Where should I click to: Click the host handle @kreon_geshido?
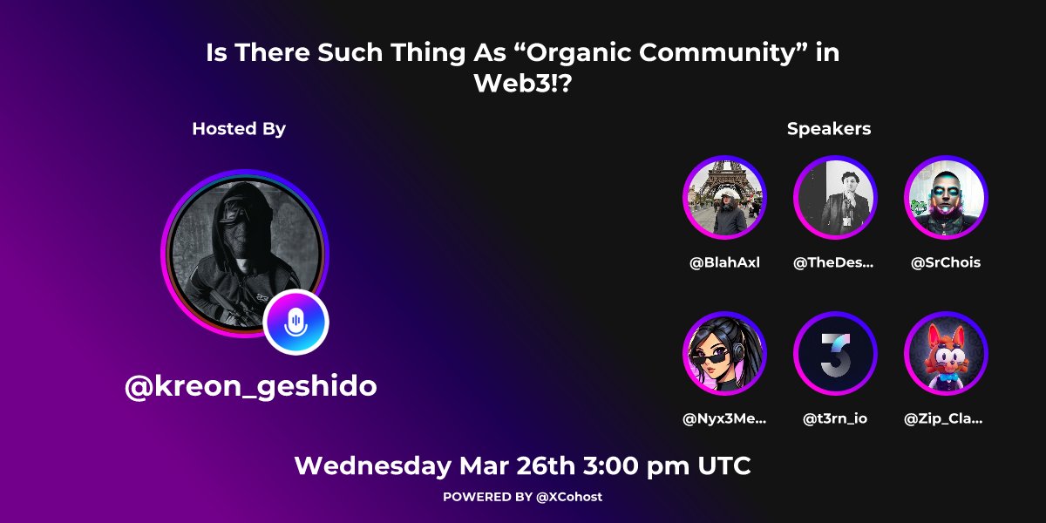(x=251, y=386)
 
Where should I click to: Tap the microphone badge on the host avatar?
(x=296, y=322)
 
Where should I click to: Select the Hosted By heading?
(x=239, y=129)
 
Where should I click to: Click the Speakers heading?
(x=829, y=129)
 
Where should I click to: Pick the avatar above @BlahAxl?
(x=724, y=197)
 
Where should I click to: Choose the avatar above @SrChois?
(x=946, y=197)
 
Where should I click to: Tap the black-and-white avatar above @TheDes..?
(x=835, y=197)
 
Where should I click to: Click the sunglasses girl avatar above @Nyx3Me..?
(x=724, y=353)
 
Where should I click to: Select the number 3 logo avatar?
(x=835, y=353)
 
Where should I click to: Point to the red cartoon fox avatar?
(x=946, y=353)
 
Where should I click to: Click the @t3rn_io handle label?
(x=835, y=419)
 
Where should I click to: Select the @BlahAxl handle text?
(x=724, y=263)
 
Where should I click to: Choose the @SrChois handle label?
(x=946, y=263)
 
